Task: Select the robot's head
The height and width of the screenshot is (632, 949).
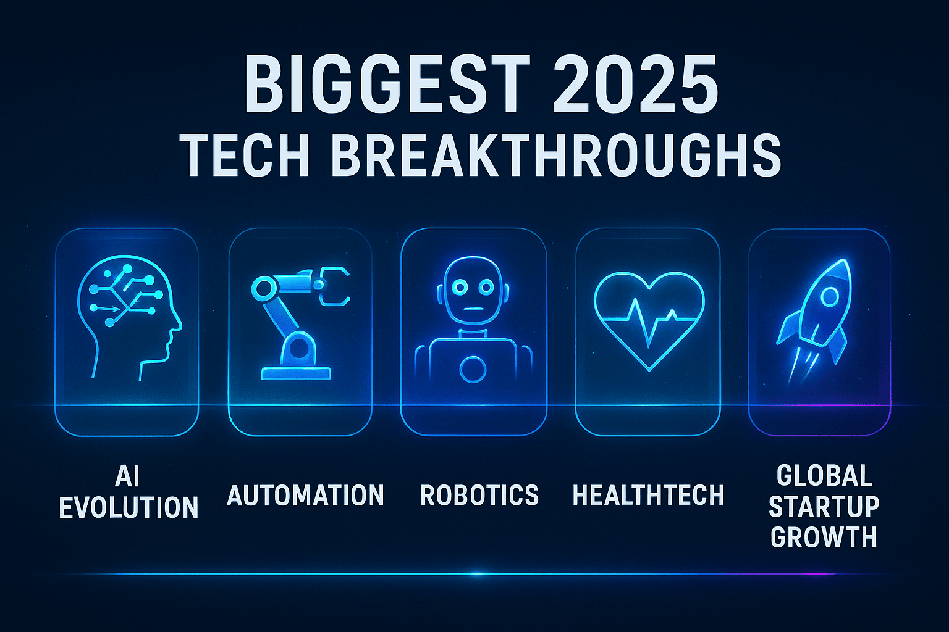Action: coord(473,290)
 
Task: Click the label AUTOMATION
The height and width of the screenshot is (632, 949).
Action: coord(305,496)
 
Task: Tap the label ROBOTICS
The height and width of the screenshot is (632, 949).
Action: coord(479,496)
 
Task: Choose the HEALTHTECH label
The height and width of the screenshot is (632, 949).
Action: coord(648,496)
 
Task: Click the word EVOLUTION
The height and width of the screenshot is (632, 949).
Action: coord(129,508)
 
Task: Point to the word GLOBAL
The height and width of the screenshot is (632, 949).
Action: coord(824,476)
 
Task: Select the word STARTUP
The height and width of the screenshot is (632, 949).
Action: coord(824,507)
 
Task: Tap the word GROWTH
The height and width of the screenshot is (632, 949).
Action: coord(824,537)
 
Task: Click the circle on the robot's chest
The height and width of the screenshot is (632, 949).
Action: coord(473,370)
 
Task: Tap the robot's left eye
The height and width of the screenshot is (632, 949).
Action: coord(461,287)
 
